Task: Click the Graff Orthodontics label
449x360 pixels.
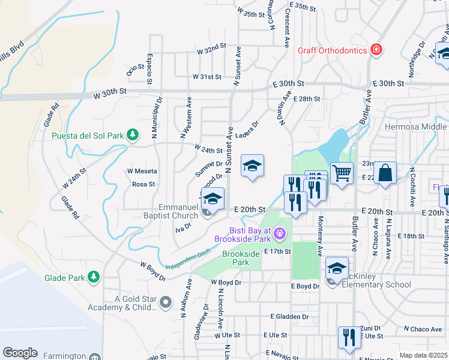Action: click(332, 50)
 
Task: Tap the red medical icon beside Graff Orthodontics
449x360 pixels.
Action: click(376, 49)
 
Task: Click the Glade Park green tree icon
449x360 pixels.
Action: click(94, 277)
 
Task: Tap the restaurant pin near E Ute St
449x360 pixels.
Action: click(347, 337)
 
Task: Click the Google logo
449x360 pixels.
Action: click(20, 352)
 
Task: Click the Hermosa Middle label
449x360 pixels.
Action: click(416, 127)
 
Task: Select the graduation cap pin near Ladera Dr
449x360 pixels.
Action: click(253, 166)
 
